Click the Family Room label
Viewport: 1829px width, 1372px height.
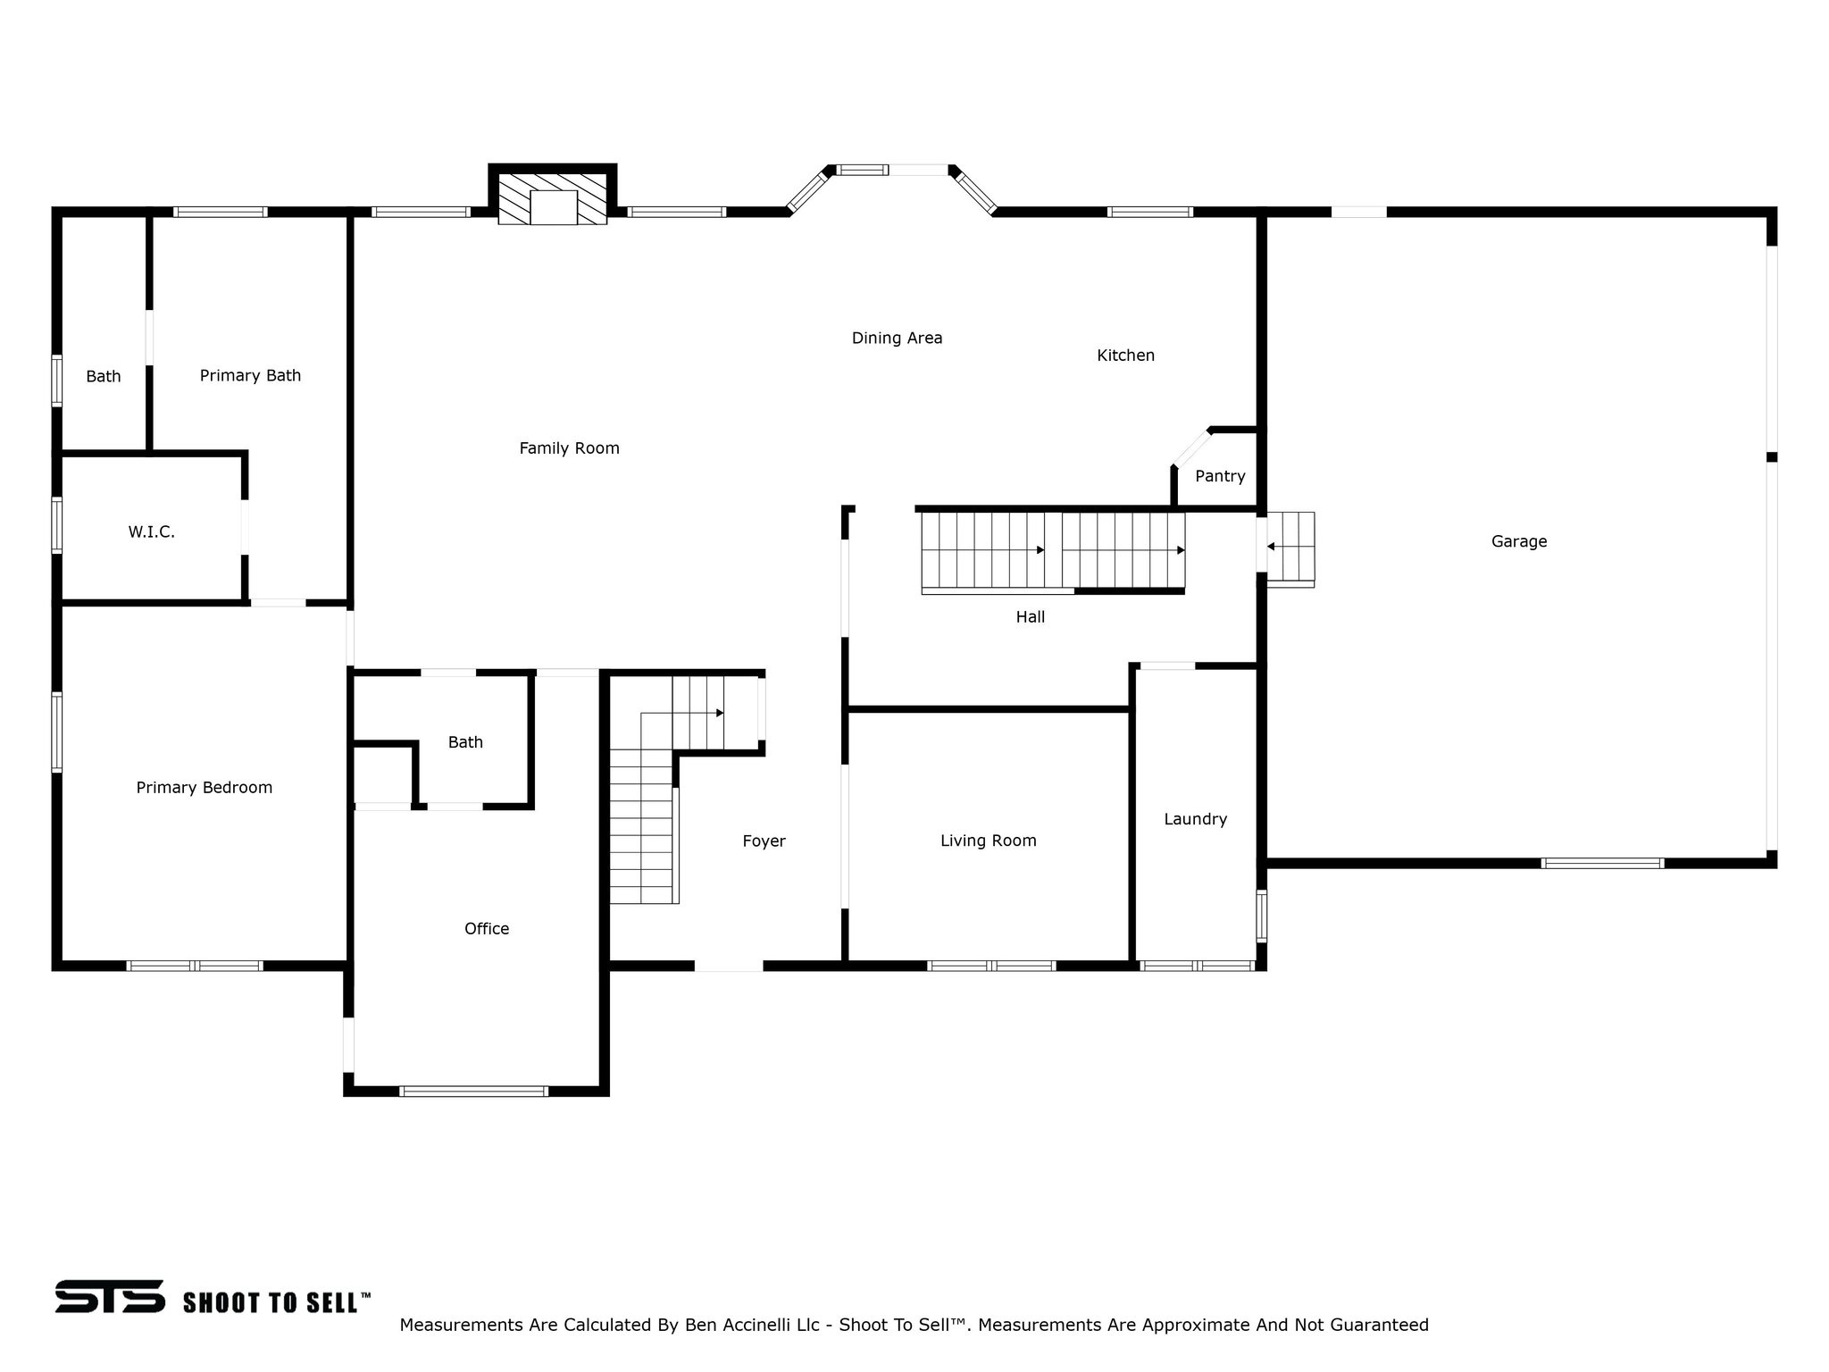569,448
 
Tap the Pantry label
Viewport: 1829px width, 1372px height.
1220,476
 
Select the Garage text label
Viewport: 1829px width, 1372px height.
1518,541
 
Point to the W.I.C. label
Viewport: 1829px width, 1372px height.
151,532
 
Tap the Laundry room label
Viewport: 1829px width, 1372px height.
1195,819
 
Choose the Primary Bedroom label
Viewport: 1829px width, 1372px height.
204,788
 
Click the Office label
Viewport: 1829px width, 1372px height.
487,929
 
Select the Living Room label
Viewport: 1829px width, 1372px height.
988,841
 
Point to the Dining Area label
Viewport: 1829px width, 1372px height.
897,338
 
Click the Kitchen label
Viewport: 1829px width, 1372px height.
1125,356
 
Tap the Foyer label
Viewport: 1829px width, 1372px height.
764,841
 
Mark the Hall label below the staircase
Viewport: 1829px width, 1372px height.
1030,617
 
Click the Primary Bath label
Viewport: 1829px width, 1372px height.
250,376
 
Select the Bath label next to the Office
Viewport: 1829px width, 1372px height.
465,742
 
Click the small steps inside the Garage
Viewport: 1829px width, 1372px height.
1290,548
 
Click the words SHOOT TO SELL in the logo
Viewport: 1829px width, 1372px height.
276,1303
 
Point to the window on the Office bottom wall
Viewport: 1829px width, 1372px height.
473,1091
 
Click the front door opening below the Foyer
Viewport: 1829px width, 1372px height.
729,966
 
